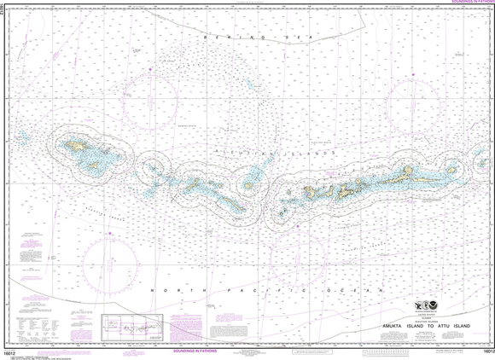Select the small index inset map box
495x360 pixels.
click(x=129, y=325)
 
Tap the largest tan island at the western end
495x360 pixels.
click(x=81, y=148)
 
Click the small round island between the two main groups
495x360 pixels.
click(x=250, y=183)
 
